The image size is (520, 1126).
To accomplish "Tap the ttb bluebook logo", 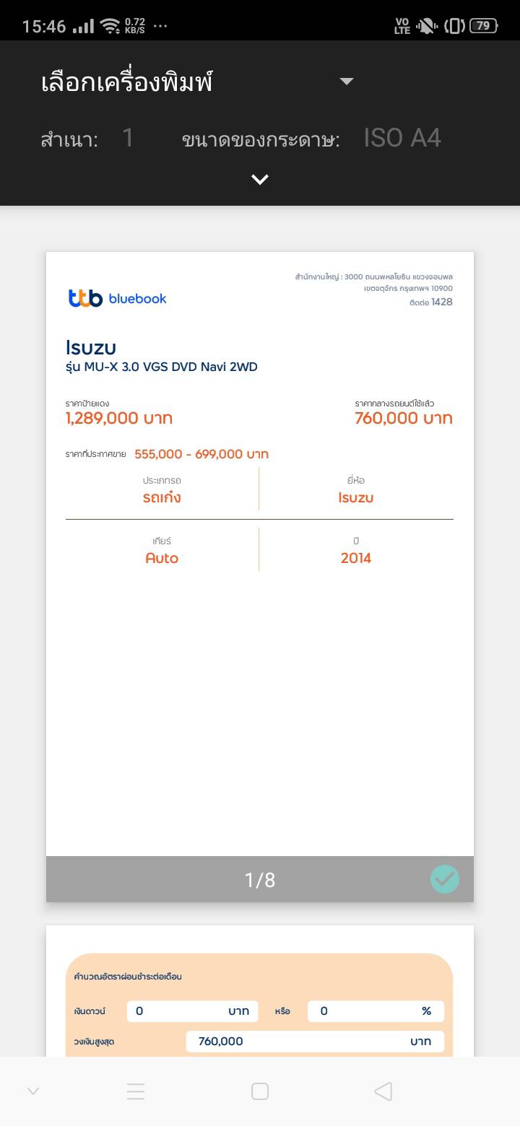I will pos(118,298).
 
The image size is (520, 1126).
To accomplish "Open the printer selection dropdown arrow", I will pos(347,82).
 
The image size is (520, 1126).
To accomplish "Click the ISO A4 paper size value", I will pos(402,138).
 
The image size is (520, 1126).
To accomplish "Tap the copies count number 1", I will pos(128,138).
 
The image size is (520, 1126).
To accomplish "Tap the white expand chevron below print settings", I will pos(260,180).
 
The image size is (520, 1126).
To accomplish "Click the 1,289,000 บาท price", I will pos(119,419).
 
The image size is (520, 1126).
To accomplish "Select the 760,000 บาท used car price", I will pos(403,419).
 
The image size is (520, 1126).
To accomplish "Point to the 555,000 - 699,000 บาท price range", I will pos(201,454).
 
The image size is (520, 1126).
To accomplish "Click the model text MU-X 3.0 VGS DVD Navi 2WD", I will pos(162,367).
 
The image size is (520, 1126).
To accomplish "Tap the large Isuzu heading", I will pos(91,347).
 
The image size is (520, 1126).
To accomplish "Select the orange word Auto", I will pos(162,558).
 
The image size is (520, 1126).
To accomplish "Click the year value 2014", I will pos(356,558).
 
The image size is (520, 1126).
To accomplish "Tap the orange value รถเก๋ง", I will pos(162,497).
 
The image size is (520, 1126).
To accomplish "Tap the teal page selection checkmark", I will pos(445,879).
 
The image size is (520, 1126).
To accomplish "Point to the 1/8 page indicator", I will pos(260,880).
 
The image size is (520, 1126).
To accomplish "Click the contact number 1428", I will pos(441,302).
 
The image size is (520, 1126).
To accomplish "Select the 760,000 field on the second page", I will pos(315,1041).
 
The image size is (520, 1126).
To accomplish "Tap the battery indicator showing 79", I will pos(483,26).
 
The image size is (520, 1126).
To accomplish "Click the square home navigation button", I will pos(260,1091).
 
